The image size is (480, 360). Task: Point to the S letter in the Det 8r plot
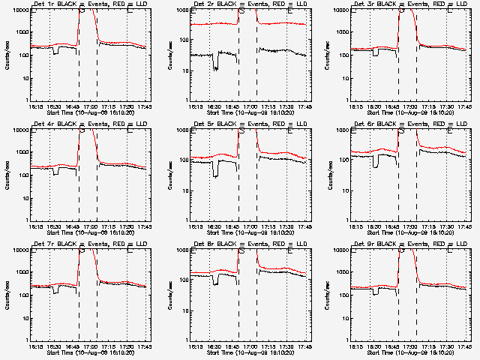coord(241,251)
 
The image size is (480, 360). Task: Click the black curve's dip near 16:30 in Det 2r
coord(215,66)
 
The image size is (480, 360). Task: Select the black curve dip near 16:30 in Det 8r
coord(215,283)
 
